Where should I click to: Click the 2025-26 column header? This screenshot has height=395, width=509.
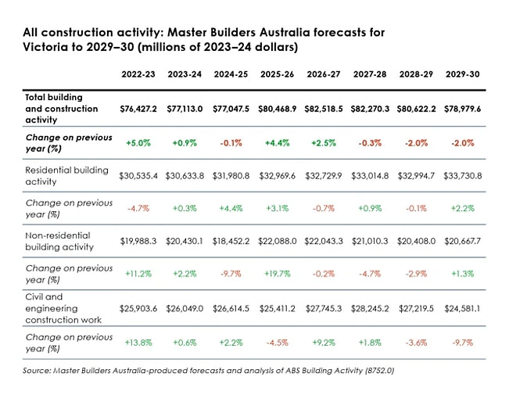click(x=277, y=74)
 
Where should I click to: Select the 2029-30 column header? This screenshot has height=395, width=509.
click(x=462, y=74)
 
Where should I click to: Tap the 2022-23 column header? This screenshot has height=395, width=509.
click(x=138, y=74)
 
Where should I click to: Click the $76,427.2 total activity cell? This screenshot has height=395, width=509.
click(x=138, y=109)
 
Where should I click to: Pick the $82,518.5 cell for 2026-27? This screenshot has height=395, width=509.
click(x=324, y=109)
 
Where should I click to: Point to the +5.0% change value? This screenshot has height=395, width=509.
click(x=138, y=143)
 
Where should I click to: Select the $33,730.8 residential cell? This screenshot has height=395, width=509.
click(x=462, y=176)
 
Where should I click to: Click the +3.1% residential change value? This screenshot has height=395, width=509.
click(x=278, y=208)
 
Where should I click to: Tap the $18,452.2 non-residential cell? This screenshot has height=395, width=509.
click(x=231, y=242)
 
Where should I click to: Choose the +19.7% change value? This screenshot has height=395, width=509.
click(x=278, y=274)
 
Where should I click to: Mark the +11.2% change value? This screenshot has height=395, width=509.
click(x=138, y=274)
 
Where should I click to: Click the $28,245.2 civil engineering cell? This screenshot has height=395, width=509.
click(x=370, y=308)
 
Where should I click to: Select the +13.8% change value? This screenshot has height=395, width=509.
click(x=138, y=343)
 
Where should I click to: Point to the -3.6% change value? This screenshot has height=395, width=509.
click(x=416, y=343)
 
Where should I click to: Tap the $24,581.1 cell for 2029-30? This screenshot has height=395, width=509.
click(x=462, y=308)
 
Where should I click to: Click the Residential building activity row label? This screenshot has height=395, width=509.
click(x=67, y=176)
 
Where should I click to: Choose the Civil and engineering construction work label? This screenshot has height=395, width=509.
click(x=63, y=308)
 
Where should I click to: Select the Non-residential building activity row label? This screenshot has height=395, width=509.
click(x=59, y=241)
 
